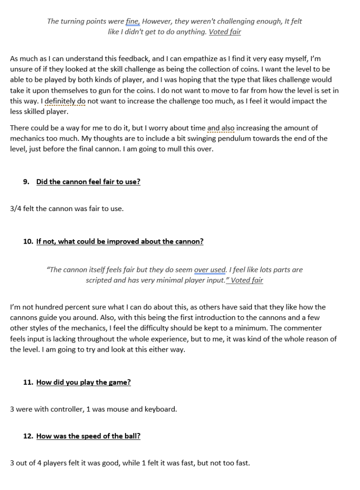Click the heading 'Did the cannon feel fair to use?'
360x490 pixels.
click(x=88, y=182)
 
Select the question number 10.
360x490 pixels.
click(x=28, y=242)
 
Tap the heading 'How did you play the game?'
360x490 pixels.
click(x=83, y=382)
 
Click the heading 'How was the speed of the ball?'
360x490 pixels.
click(x=88, y=436)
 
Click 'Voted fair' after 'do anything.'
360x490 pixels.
click(x=225, y=32)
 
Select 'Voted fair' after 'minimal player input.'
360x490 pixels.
click(x=246, y=280)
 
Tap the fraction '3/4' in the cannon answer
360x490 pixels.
click(x=16, y=209)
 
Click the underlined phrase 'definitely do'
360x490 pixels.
click(x=65, y=101)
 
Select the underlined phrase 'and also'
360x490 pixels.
click(x=221, y=128)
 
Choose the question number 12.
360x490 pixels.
click(x=28, y=436)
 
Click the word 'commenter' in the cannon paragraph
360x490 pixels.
click(x=305, y=328)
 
